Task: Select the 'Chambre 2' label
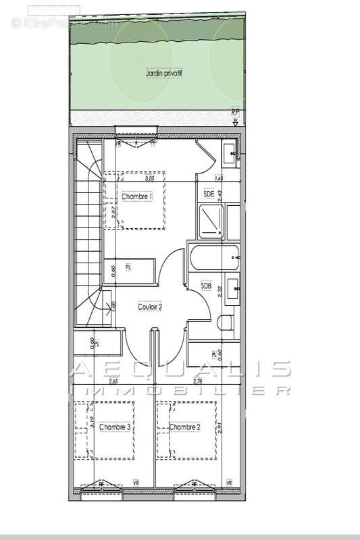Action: tap(185, 427)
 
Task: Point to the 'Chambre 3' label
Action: tap(114, 427)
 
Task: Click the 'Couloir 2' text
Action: tap(150, 306)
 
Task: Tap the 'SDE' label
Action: tap(209, 194)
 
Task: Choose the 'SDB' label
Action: tap(207, 286)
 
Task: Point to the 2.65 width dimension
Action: tap(113, 382)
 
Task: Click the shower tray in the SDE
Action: tap(211, 221)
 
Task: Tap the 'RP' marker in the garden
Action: tap(235, 113)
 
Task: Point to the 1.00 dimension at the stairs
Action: tap(113, 306)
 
